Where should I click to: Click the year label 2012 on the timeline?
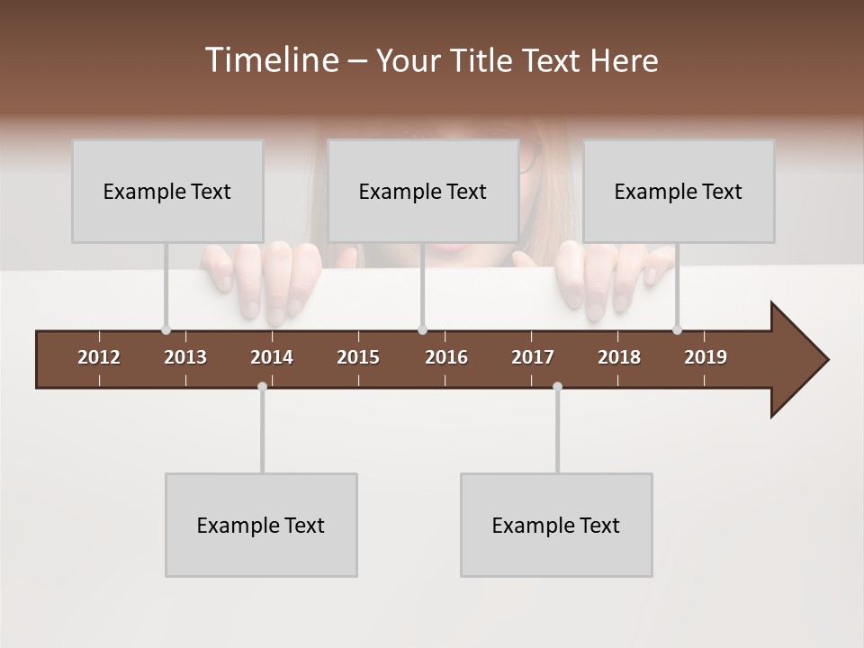point(99,357)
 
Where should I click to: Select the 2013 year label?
point(185,357)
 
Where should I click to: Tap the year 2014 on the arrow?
point(272,357)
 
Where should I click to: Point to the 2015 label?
point(358,357)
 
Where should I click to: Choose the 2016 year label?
point(446,357)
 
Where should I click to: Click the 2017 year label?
point(533,357)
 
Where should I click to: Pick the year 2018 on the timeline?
point(619,357)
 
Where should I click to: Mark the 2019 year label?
point(706,357)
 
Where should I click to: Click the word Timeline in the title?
point(271,60)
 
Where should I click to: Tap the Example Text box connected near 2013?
point(167,191)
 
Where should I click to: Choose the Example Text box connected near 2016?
point(423,191)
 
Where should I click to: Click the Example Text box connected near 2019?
point(679,191)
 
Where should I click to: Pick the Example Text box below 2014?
point(261,525)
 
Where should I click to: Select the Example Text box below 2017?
point(556,525)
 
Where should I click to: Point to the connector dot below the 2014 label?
point(262,386)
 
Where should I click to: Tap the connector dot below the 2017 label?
point(557,386)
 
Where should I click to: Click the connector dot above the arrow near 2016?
point(422,329)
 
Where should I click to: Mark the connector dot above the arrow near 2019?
point(677,329)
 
